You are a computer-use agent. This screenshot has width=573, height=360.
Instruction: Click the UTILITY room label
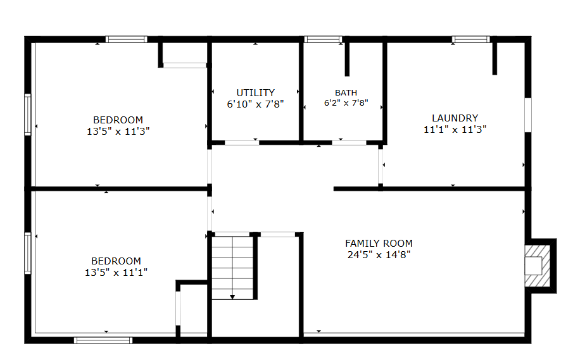[255, 93]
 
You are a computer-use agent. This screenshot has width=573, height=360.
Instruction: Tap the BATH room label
[346, 93]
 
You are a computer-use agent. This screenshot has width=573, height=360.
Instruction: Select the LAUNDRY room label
[455, 118]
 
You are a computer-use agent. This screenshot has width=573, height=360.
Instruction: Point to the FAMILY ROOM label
[379, 244]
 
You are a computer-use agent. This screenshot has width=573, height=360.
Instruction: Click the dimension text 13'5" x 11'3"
[118, 132]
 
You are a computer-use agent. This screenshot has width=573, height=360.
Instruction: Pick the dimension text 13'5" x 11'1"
[116, 273]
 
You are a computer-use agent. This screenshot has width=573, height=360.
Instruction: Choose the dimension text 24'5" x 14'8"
[379, 255]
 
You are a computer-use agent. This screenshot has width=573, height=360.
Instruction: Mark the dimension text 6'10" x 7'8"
[255, 104]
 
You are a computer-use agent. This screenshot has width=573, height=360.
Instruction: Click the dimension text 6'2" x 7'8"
[346, 103]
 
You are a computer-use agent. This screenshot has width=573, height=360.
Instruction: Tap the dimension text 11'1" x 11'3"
[455, 130]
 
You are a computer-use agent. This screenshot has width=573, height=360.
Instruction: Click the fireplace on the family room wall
[538, 266]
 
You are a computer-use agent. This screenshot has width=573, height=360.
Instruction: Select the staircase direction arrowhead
[232, 297]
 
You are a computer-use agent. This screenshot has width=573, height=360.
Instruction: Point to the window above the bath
[323, 39]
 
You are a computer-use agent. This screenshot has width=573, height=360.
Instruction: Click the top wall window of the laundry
[471, 39]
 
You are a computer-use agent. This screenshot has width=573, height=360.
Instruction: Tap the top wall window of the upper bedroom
[127, 39]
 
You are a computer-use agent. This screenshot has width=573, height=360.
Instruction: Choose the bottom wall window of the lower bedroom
[103, 340]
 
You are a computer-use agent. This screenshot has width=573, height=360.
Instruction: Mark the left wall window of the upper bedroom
[28, 115]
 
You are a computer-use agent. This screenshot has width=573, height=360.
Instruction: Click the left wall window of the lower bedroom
[28, 253]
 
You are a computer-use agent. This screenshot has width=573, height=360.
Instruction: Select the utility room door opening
[242, 142]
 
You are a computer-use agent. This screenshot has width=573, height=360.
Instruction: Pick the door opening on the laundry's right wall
[528, 115]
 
